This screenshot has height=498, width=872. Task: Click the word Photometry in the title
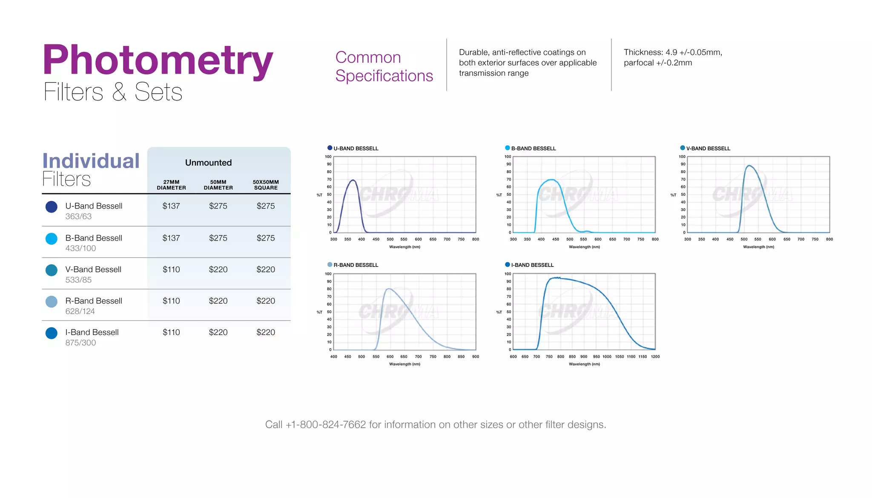point(158,60)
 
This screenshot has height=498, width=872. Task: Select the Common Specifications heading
point(384,66)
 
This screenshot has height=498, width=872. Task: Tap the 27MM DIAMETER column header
point(171,185)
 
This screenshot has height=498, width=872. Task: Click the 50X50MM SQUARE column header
point(266,185)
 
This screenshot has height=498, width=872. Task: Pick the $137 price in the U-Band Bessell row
point(171,206)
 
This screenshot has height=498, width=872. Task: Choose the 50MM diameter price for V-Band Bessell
point(218,269)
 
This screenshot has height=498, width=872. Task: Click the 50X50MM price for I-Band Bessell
point(266,332)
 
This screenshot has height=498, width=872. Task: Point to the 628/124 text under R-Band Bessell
point(80,311)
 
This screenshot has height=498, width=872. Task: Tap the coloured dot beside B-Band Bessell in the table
point(52,239)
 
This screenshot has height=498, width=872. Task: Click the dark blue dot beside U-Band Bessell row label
point(52,207)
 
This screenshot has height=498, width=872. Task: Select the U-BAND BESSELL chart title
point(356,149)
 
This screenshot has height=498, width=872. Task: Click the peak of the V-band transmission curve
point(749,166)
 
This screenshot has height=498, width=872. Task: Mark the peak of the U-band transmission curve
point(353,180)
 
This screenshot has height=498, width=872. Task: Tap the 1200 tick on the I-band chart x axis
point(655,357)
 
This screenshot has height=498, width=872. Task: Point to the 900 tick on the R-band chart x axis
point(476,357)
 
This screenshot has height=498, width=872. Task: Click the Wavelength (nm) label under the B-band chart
point(584,247)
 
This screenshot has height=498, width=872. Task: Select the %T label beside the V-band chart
point(673,195)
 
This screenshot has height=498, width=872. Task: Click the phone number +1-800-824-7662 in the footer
point(326,424)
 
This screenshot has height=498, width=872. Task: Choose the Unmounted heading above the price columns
point(208,163)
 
